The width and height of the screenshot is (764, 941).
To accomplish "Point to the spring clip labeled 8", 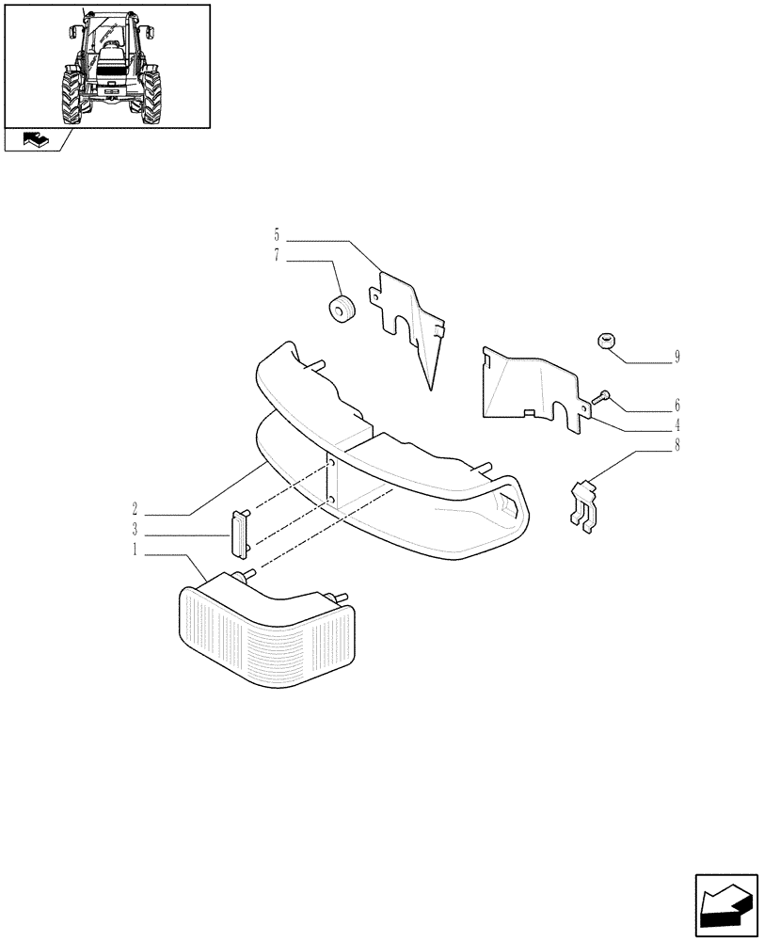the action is coord(586,503).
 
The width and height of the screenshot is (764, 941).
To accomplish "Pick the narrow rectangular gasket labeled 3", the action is coord(240,533).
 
